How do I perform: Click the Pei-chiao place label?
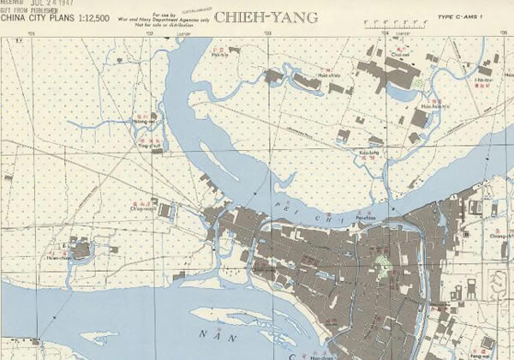coord(367,218)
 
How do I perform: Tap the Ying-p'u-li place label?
coord(151,146)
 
